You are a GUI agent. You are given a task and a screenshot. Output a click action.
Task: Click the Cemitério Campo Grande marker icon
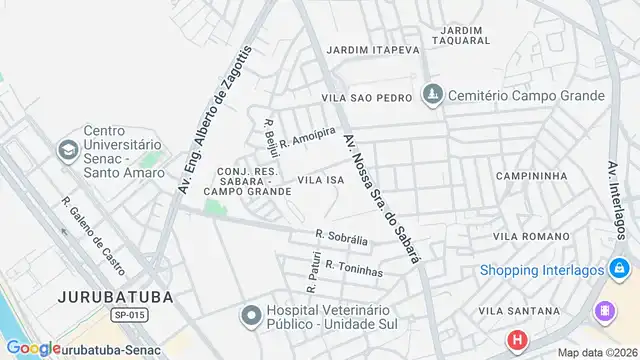(x=432, y=96)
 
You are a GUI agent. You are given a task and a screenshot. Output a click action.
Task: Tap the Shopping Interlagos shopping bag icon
(x=620, y=270)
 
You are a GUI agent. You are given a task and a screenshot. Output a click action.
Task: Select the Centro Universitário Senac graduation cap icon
(x=67, y=150)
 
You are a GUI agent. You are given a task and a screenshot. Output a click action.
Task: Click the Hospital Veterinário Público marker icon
(x=250, y=316)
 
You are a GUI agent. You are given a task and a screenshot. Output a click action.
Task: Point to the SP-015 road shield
(x=130, y=315)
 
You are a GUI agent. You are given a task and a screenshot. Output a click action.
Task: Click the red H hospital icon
(x=516, y=341)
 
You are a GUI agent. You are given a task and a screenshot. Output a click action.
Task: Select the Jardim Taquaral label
(x=461, y=36)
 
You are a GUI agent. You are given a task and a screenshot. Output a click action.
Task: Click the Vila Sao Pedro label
(x=367, y=98)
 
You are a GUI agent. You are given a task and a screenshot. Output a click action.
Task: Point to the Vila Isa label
(x=321, y=179)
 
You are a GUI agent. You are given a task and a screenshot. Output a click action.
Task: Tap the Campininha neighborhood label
(x=531, y=175)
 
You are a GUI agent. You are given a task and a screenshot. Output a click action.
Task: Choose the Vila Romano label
(x=530, y=236)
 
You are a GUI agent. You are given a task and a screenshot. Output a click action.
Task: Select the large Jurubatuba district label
(x=115, y=297)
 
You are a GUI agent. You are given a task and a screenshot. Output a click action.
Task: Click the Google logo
(x=32, y=349)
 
